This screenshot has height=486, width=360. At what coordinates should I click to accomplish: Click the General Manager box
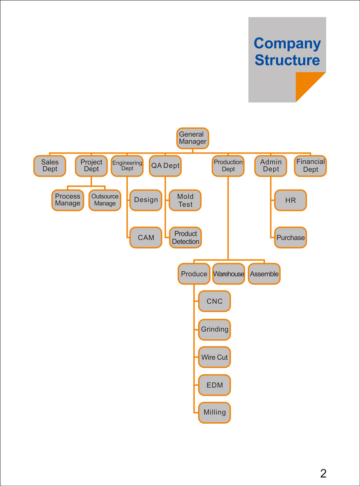coord(193,138)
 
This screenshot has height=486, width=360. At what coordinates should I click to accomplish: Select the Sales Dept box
coord(50,166)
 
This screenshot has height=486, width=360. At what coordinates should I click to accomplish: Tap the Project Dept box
coord(91,166)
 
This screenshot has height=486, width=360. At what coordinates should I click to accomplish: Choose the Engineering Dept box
coord(127,166)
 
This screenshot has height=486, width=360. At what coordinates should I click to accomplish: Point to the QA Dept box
coord(165,166)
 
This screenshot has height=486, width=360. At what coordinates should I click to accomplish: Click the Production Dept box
coord(228,166)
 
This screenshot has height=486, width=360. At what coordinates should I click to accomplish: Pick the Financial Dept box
coord(310,166)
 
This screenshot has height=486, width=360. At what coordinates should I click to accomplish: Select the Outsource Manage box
coord(105,200)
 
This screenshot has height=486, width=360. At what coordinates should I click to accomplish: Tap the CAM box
coord(146,237)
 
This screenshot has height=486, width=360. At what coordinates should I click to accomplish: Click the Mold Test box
coord(185,200)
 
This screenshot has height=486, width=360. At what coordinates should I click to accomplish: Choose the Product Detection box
coord(185,237)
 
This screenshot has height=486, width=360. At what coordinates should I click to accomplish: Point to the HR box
coord(290,200)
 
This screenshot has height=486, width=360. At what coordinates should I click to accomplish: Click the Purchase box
coord(290,237)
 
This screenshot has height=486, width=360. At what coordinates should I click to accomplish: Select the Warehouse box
coord(228,274)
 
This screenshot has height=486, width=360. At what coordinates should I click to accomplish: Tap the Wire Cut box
coord(214,357)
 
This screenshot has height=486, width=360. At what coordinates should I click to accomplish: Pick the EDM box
coord(214,385)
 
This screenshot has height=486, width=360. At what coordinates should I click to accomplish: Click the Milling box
coord(214,412)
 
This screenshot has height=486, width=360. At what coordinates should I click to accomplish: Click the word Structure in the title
coord(287,60)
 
